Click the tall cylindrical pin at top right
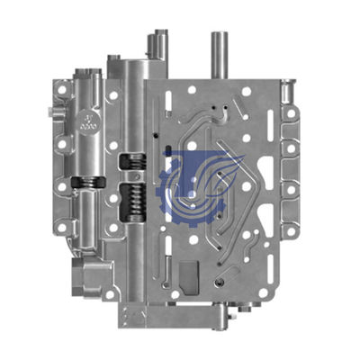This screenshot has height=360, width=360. pos(219,54)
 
